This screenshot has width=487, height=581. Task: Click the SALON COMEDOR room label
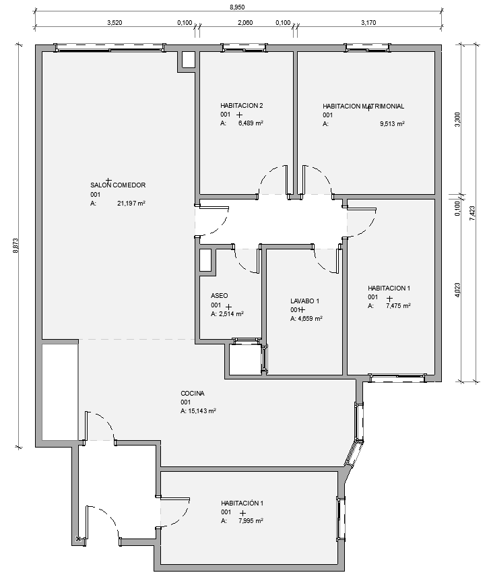tap(118, 185)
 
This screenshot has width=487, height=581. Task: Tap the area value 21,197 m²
tap(131, 203)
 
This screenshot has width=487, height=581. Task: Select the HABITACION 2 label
tap(241, 106)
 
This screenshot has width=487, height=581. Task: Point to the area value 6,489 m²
tap(251, 123)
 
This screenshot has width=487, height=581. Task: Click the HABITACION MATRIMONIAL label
tap(363, 106)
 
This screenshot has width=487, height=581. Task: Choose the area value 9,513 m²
tap(392, 124)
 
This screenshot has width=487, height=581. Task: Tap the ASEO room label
tap(219, 296)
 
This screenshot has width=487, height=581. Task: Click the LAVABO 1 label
tap(304, 301)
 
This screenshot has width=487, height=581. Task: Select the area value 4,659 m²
tap(310, 318)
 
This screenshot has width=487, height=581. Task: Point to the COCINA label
tap(193, 394)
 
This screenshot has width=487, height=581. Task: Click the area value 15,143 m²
tap(202, 411)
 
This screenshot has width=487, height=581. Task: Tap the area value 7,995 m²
tap(251, 520)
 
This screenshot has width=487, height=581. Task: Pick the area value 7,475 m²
tap(398, 306)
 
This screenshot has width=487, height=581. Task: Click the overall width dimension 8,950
tap(237, 7)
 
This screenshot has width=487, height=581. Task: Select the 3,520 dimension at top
tap(115, 23)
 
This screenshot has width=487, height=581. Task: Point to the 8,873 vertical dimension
tap(15, 245)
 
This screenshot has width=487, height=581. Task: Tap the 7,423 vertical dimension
tap(472, 214)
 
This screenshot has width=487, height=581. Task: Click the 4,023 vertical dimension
tap(457, 290)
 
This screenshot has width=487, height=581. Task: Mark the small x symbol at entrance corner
tap(78, 539)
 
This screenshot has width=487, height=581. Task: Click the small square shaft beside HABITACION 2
tap(189, 59)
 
